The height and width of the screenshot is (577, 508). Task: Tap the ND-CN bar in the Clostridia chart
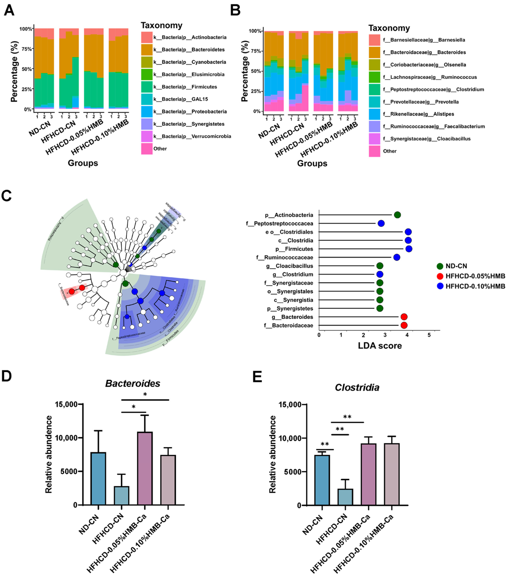pyautogui.click(x=322, y=480)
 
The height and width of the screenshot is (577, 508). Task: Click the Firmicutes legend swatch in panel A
pyautogui.click(x=147, y=87)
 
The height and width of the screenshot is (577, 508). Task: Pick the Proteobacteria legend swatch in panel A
pyautogui.click(x=147, y=112)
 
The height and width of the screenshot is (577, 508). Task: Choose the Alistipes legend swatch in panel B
pyautogui.click(x=374, y=114)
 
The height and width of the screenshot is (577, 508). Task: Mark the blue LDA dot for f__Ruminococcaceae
pyautogui.click(x=397, y=257)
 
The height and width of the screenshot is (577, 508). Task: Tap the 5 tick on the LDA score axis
pyautogui.click(x=429, y=335)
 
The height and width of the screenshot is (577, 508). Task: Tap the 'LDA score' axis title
pyautogui.click(x=380, y=345)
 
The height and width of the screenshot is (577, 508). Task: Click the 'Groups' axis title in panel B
pyautogui.click(x=312, y=163)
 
